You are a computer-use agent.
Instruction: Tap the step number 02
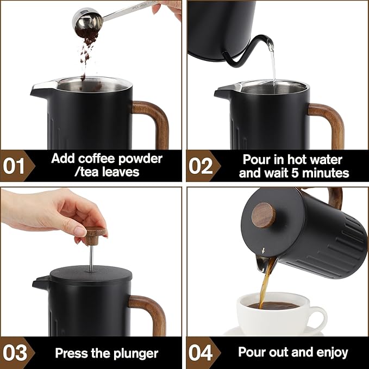[201, 166]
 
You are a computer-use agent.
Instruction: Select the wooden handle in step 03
[153, 313]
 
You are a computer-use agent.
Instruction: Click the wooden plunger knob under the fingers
[95, 235]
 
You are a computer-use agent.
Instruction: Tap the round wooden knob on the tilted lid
[266, 215]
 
